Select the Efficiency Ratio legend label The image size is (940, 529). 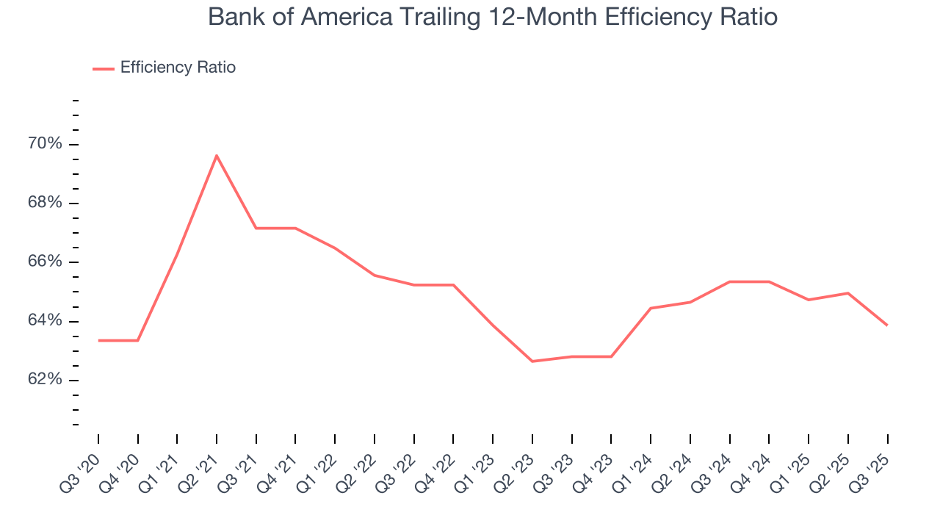tap(178, 68)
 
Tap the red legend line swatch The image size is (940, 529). tap(104, 68)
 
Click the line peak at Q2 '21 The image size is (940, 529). tap(217, 155)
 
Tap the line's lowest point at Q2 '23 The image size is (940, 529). tap(532, 361)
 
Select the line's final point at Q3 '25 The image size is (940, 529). tap(887, 325)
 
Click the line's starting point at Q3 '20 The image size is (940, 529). tap(98, 340)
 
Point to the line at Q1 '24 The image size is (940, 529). tap(651, 308)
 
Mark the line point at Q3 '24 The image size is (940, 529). tap(730, 281)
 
